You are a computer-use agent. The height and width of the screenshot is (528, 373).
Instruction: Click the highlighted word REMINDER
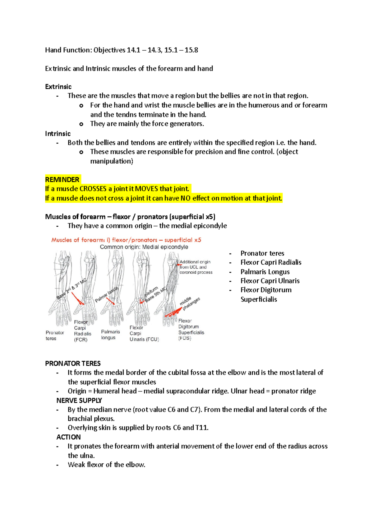click(x=62, y=179)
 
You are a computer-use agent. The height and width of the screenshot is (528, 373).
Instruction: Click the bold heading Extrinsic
click(x=58, y=87)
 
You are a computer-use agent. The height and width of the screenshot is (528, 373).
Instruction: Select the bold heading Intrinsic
click(x=58, y=134)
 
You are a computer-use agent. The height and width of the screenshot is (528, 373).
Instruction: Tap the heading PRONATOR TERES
click(x=73, y=364)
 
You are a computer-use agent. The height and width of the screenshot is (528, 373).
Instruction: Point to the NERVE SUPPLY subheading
click(x=79, y=401)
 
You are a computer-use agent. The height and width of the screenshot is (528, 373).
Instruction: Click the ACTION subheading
click(x=68, y=437)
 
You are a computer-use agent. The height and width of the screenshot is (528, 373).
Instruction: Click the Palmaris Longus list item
click(x=265, y=272)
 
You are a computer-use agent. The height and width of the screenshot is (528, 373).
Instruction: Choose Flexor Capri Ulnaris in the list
click(x=270, y=281)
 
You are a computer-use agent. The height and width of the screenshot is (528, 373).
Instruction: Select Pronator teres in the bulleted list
click(x=262, y=253)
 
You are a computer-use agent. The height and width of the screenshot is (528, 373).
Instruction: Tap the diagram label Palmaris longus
click(x=110, y=335)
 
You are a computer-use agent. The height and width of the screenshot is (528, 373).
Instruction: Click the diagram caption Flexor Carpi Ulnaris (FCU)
click(x=144, y=334)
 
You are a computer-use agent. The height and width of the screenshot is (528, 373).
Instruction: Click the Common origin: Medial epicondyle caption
click(x=144, y=247)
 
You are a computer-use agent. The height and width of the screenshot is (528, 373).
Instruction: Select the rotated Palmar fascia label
click(x=107, y=294)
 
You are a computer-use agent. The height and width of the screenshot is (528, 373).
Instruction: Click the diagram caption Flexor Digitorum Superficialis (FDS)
click(x=191, y=330)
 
